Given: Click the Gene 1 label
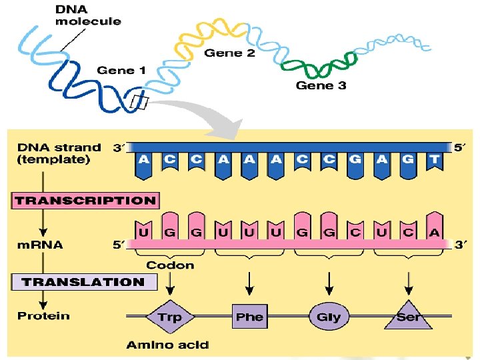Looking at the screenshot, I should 121,70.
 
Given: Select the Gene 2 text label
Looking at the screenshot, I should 229,53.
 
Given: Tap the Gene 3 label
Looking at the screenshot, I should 321,85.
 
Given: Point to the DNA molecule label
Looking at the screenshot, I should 88,15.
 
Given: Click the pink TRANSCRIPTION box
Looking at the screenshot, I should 85,200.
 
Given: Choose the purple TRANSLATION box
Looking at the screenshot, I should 85,282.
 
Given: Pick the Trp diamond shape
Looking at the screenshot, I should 170,317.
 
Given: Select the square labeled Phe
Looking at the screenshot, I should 249,317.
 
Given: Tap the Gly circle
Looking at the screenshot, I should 329,317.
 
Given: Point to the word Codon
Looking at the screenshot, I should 170,265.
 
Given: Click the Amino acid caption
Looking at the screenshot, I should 167,345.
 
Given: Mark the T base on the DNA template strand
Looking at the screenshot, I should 434,161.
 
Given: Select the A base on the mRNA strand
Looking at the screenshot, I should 434,232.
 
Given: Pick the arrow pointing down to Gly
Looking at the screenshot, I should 329,283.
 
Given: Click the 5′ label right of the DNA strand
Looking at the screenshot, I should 459,148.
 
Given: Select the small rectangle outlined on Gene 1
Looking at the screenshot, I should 140,102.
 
